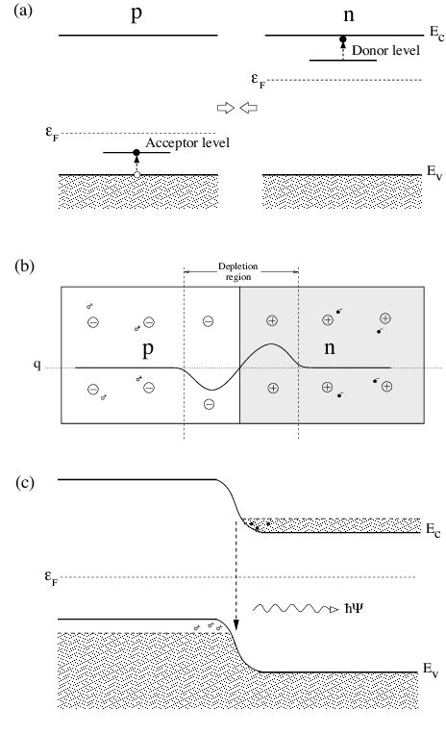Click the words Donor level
384,50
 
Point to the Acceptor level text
187,143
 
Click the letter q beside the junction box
37,367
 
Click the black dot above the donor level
342,40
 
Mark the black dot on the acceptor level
136,153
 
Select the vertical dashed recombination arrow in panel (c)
235,577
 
